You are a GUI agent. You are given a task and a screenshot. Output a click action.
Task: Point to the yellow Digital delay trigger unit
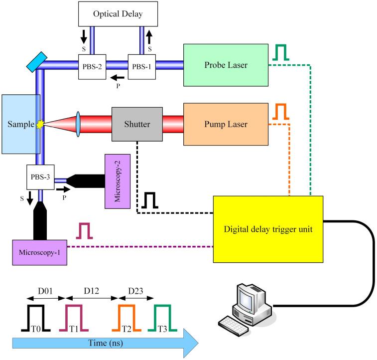click(x=268, y=229)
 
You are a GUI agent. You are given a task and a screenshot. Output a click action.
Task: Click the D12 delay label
click(x=87, y=289)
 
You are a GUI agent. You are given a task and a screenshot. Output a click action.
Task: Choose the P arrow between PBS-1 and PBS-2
click(x=118, y=78)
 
